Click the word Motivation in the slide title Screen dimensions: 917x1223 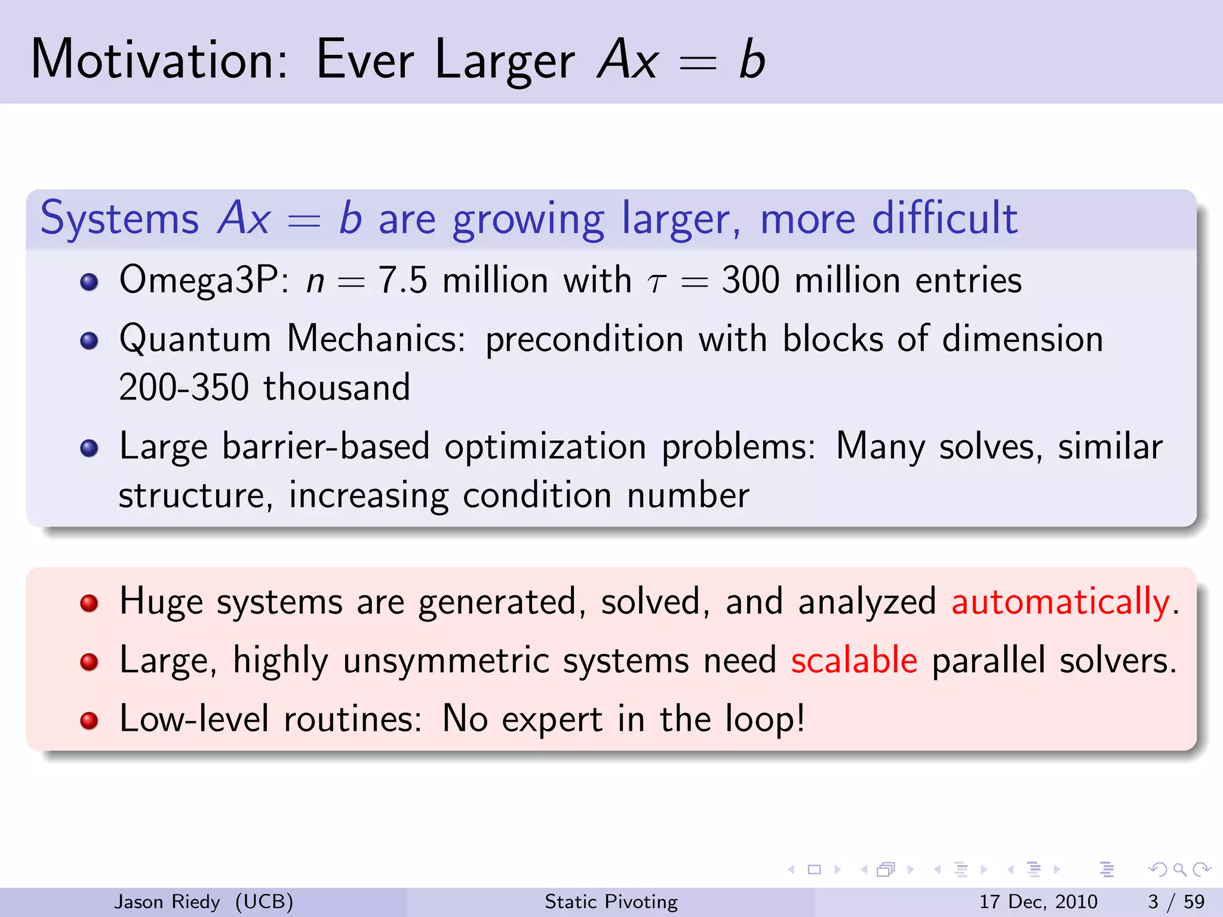pos(159,60)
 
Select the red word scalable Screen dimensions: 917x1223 pos(854,661)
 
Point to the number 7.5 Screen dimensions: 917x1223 pos(403,280)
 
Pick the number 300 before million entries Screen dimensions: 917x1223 pos(751,280)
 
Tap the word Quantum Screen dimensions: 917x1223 pos(195,339)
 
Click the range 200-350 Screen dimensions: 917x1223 pos(183,387)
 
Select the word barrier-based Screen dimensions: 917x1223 pos(325,447)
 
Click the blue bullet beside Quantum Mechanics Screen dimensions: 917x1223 pos(89,341)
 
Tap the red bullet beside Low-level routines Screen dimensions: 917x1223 pos(89,721)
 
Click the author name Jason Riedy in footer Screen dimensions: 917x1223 pos(167,901)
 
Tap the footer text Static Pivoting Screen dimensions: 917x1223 pos(611,901)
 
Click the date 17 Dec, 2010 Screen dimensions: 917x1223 pos(1038,901)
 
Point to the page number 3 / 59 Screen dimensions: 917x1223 pos(1176,901)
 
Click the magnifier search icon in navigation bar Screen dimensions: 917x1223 pos(1179,870)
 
